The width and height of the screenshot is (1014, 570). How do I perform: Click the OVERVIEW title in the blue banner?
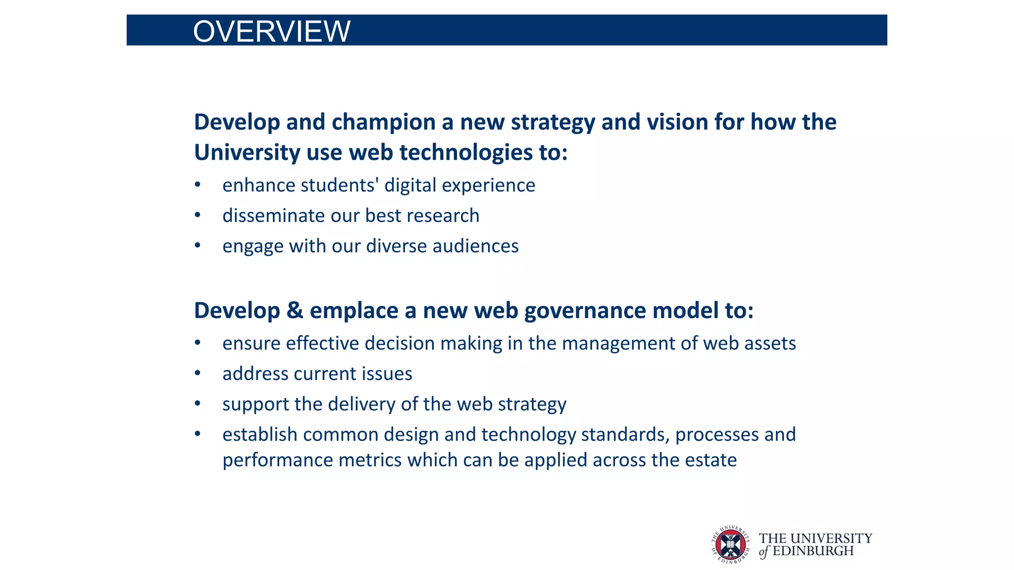tap(271, 32)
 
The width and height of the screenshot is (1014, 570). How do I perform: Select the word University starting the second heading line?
tap(247, 152)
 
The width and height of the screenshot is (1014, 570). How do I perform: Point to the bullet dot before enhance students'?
tap(198, 185)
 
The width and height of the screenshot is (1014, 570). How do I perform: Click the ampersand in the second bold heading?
tap(295, 311)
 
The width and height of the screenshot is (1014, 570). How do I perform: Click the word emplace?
tap(354, 311)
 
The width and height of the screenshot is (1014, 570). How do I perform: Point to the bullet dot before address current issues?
tap(198, 374)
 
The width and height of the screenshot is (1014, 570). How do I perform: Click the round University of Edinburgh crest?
tap(730, 545)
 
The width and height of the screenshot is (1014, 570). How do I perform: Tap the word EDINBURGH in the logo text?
tap(813, 551)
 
